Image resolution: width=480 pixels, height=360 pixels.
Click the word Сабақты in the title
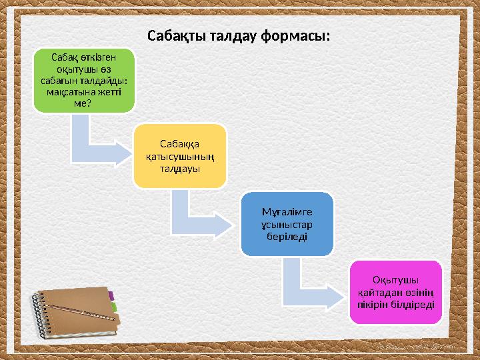(x=172, y=35)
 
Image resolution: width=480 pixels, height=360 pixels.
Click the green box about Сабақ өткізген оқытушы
(x=83, y=80)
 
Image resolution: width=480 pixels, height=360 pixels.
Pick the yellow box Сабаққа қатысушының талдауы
(x=179, y=155)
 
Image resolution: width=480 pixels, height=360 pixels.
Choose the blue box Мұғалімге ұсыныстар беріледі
(x=286, y=224)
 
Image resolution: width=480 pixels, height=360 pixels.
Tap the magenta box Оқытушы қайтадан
(x=395, y=292)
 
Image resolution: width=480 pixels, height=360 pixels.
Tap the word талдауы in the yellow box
(x=179, y=168)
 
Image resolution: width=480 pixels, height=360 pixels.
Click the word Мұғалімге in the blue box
(x=286, y=212)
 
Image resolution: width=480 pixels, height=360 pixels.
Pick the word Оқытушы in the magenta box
(x=395, y=279)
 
